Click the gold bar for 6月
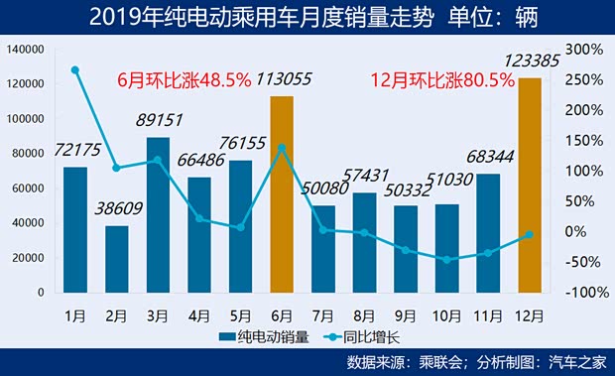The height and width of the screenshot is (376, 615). pyautogui.click(x=282, y=194)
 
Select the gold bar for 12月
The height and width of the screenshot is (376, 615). pyautogui.click(x=530, y=186)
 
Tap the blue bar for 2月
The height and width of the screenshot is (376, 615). pyautogui.click(x=117, y=259)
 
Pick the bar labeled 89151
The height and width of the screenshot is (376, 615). pyautogui.click(x=158, y=214)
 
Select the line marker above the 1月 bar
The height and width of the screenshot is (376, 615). pyautogui.click(x=75, y=69)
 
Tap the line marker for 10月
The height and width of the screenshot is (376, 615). pyautogui.click(x=446, y=260)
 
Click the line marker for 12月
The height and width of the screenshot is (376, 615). pyautogui.click(x=530, y=235)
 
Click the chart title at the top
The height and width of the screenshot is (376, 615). pyautogui.click(x=307, y=17)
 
